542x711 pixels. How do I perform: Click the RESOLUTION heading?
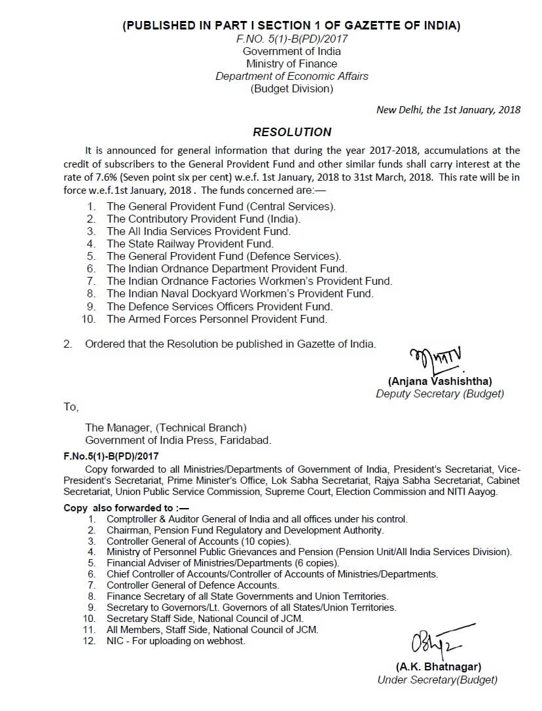[x=292, y=132]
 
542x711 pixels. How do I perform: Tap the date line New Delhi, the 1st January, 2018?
[x=448, y=110]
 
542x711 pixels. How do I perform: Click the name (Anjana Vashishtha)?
[x=440, y=381]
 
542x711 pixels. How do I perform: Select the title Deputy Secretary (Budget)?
[x=440, y=393]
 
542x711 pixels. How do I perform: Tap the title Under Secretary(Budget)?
[x=437, y=680]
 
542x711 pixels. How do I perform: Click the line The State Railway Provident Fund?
[x=190, y=244]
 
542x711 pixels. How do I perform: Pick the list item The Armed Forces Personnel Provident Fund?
[x=217, y=319]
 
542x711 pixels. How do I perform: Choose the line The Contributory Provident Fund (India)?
[x=204, y=219]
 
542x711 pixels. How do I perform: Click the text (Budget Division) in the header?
[x=292, y=88]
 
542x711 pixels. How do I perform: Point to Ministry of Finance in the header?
[x=292, y=64]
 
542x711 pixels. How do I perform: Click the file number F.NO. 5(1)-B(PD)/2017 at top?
[x=292, y=39]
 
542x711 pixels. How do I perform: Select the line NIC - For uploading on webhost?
[x=176, y=641]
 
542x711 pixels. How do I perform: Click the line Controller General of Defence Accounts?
[x=192, y=585]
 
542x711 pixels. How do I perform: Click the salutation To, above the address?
[x=71, y=407]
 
